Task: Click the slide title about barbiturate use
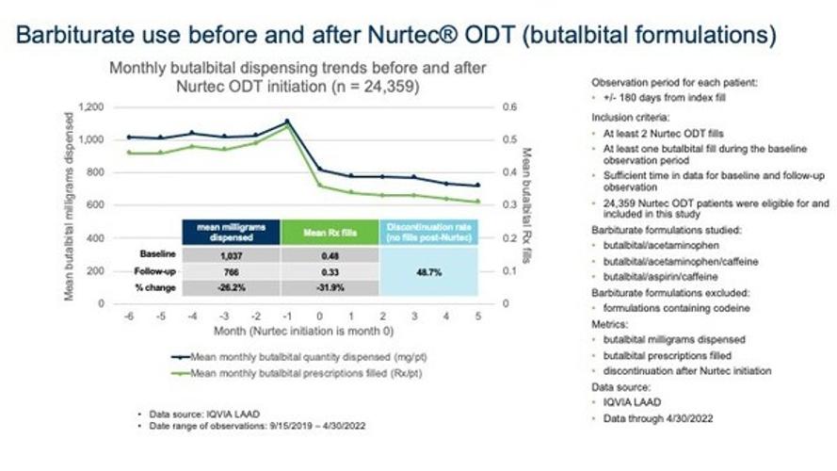[x=395, y=36]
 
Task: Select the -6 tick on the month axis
[x=129, y=316]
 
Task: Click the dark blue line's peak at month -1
[x=287, y=122]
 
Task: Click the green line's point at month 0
[x=319, y=186]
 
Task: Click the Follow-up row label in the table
[x=151, y=270]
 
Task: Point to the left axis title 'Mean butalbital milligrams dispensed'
[x=71, y=205]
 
